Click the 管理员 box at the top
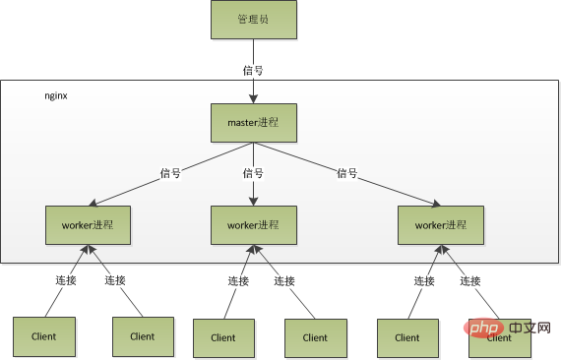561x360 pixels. click(253, 20)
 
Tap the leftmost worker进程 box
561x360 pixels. click(88, 225)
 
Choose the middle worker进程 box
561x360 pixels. click(253, 225)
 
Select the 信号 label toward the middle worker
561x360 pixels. click(253, 173)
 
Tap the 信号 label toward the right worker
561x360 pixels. click(346, 173)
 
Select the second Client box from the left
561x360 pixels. click(142, 335)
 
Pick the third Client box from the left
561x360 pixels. click(222, 337)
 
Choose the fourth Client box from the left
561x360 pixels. click(315, 337)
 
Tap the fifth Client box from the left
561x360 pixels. click(406, 337)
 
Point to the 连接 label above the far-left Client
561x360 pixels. click(66, 280)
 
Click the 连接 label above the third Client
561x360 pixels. click(238, 280)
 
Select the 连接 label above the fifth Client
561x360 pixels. click(424, 280)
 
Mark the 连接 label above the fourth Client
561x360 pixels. click(284, 280)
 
